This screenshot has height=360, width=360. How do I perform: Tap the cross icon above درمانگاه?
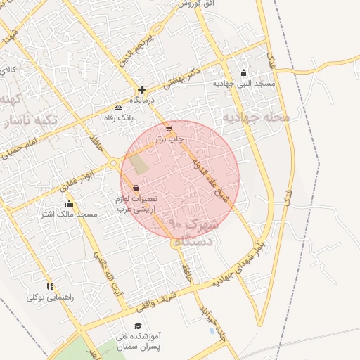pyautogui.click(x=142, y=89)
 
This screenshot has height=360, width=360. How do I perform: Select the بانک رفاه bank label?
pyautogui.click(x=118, y=117)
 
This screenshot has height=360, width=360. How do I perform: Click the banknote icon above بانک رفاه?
pyautogui.click(x=118, y=107)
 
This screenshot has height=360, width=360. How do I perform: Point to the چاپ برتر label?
pyautogui.click(x=169, y=139)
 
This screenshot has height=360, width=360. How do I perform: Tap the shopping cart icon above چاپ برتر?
pyautogui.click(x=169, y=129)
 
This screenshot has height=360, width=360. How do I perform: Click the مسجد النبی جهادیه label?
pyautogui.click(x=244, y=84)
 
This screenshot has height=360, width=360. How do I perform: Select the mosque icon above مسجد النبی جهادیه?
pyautogui.click(x=244, y=72)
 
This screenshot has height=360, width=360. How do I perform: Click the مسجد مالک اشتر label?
pyautogui.click(x=68, y=214)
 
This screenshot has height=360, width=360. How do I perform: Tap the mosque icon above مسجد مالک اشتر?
pyautogui.click(x=68, y=204)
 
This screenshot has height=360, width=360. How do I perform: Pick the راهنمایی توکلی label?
pyautogui.click(x=50, y=297)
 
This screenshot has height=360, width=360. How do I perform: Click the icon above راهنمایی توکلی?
pyautogui.click(x=50, y=286)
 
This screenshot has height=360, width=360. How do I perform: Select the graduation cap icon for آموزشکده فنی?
pyautogui.click(x=138, y=326)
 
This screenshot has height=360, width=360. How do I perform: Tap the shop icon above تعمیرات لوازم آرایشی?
pyautogui.click(x=135, y=188)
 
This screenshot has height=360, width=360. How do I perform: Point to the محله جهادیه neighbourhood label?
pyautogui.click(x=256, y=117)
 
